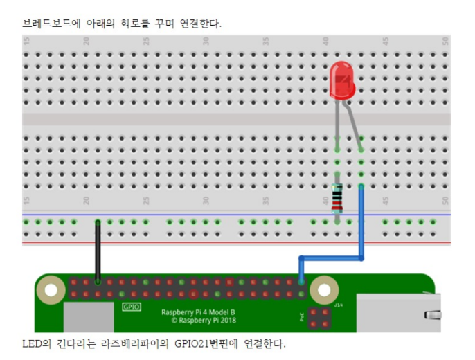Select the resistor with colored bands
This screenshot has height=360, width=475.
click(337, 199)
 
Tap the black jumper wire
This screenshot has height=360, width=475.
click(98, 249)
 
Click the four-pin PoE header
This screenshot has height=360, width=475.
click(319, 318)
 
